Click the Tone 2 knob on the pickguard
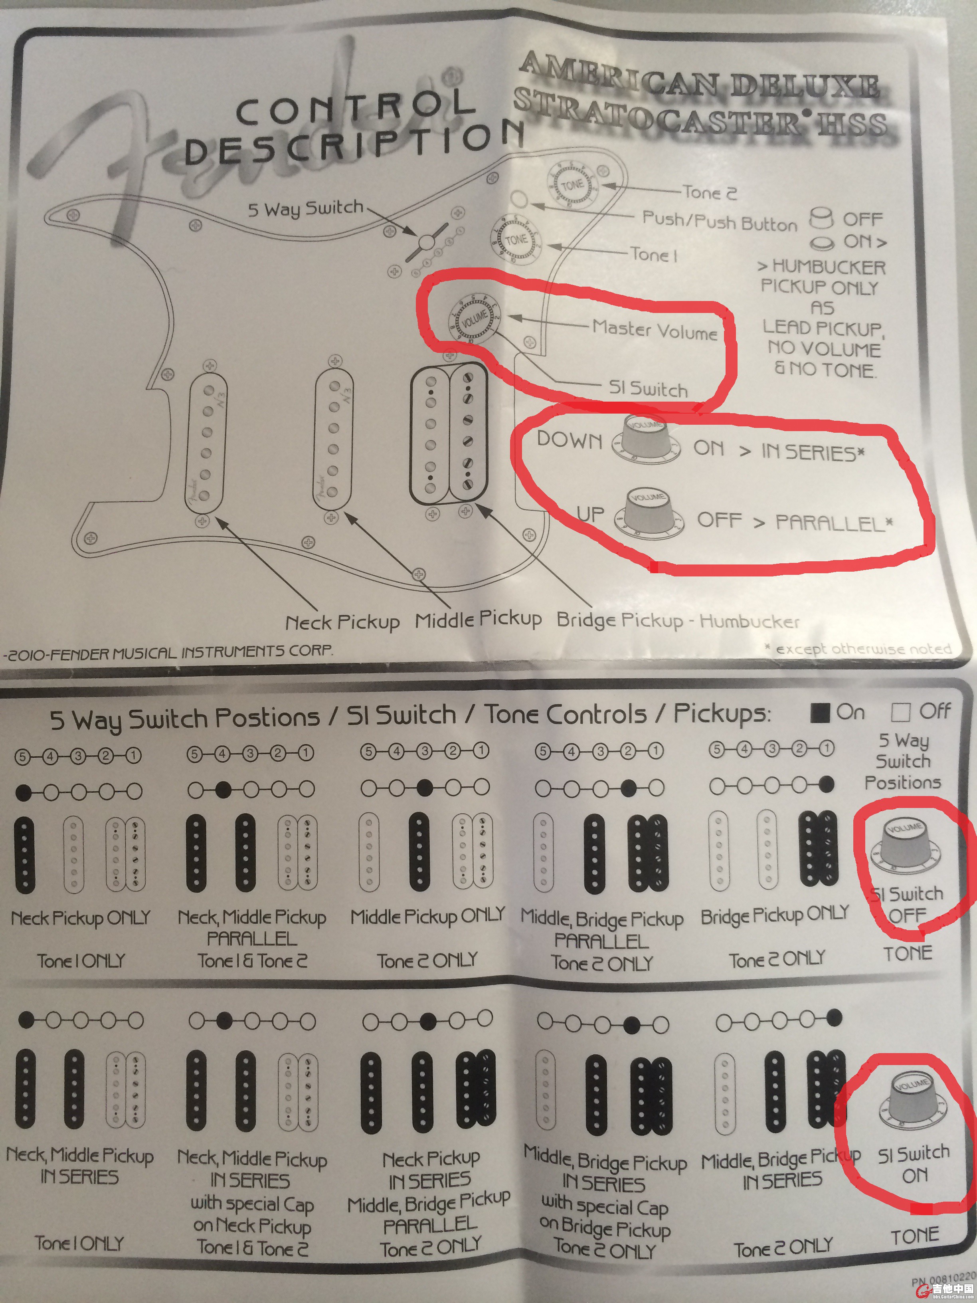click(x=571, y=185)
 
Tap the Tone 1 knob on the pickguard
click(x=516, y=240)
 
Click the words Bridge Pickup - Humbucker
click(x=678, y=620)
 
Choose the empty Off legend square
click(x=900, y=713)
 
